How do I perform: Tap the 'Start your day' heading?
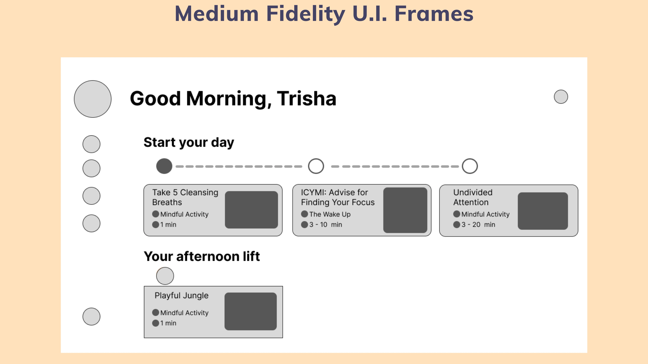[x=189, y=142]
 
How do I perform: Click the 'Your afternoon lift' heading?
[x=202, y=256]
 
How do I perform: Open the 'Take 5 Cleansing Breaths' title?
[x=185, y=197]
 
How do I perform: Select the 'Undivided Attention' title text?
[x=473, y=197]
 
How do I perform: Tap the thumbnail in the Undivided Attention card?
[x=543, y=211]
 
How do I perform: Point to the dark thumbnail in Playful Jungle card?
[x=251, y=311]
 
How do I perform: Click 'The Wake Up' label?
[x=330, y=214]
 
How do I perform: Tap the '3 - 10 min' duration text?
[x=326, y=225]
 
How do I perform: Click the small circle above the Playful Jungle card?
[x=165, y=276]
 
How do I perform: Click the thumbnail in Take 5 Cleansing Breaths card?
[x=251, y=210]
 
